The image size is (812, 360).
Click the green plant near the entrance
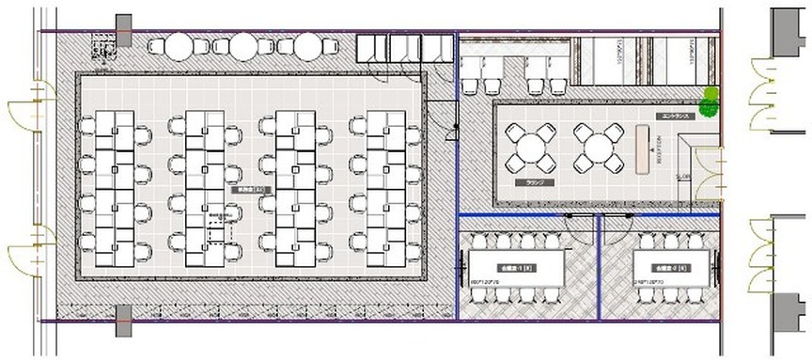click(710, 99)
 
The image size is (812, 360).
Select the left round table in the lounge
click(530, 149)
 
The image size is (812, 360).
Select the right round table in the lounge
click(596, 149)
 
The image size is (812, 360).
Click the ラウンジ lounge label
click(537, 182)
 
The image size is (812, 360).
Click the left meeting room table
click(517, 267)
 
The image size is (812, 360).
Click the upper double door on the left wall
click(28, 105)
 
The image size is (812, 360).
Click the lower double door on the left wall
click(28, 250)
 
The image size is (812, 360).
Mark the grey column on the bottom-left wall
click(123, 321)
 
